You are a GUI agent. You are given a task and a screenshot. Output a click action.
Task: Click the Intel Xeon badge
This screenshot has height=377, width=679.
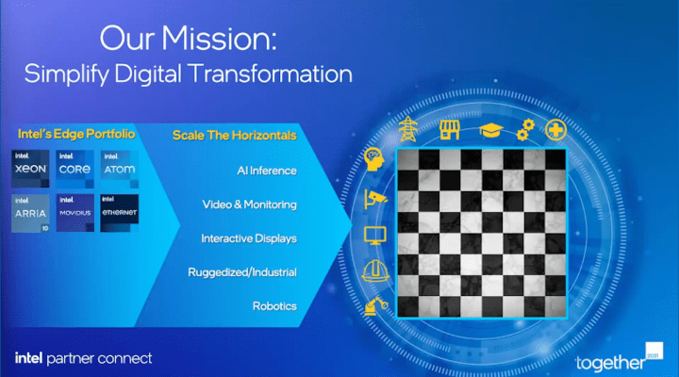[x=31, y=167]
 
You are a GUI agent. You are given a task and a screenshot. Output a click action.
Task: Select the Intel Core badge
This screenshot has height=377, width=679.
[x=75, y=167]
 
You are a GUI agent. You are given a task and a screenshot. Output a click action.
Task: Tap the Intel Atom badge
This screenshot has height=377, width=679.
[x=119, y=167]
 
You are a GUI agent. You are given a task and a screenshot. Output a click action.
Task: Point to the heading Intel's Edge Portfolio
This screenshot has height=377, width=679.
[x=75, y=135]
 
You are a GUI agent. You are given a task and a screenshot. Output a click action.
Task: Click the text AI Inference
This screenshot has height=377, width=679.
[x=267, y=171]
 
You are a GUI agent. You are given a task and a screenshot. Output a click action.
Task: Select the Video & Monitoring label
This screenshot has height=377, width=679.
[x=250, y=205]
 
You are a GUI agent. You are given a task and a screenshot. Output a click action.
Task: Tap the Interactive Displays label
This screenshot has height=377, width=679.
[x=249, y=238]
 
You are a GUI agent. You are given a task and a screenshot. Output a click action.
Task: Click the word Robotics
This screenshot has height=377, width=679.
[x=274, y=306]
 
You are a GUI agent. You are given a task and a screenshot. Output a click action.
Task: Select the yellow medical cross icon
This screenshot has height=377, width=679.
[x=556, y=130]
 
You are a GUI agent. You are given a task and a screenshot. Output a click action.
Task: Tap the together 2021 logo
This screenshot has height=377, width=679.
[x=617, y=359]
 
